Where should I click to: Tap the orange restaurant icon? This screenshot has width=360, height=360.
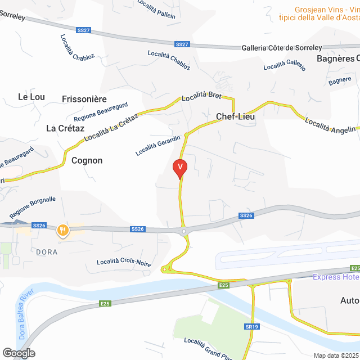[x=63, y=229]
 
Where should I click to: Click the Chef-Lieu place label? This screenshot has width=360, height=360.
[x=236, y=117]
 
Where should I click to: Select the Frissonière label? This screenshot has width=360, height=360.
[x=84, y=99]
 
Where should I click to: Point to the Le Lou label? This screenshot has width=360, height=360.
[x=31, y=97]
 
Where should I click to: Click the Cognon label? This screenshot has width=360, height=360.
[x=87, y=160]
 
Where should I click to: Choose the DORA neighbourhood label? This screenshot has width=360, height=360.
[x=47, y=252]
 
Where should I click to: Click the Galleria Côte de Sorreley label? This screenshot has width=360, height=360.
[x=281, y=48]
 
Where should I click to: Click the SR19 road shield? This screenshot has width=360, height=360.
[x=251, y=327]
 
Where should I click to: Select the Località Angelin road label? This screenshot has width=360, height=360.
[x=330, y=125]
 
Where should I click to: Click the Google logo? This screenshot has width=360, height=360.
[x=18, y=353]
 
